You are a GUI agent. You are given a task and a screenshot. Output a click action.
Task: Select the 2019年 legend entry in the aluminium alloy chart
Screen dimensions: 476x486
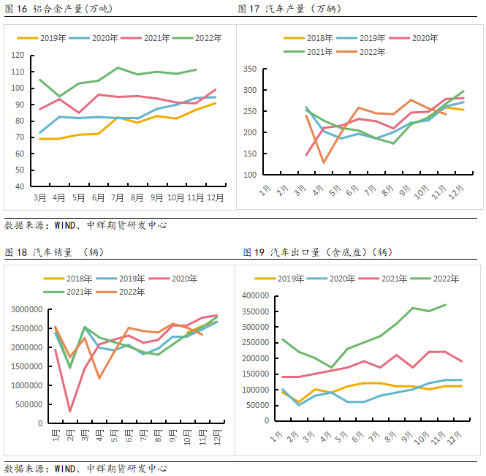coord(52,37)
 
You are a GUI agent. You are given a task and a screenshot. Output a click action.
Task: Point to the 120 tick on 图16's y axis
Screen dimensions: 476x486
coord(20,56)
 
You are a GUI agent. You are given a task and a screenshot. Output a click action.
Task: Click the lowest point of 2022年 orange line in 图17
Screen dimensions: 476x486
coord(323,162)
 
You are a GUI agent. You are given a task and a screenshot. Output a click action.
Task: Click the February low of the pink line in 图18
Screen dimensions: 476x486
coord(70,411)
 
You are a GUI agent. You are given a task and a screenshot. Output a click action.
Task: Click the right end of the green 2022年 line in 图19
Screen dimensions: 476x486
coord(446,305)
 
